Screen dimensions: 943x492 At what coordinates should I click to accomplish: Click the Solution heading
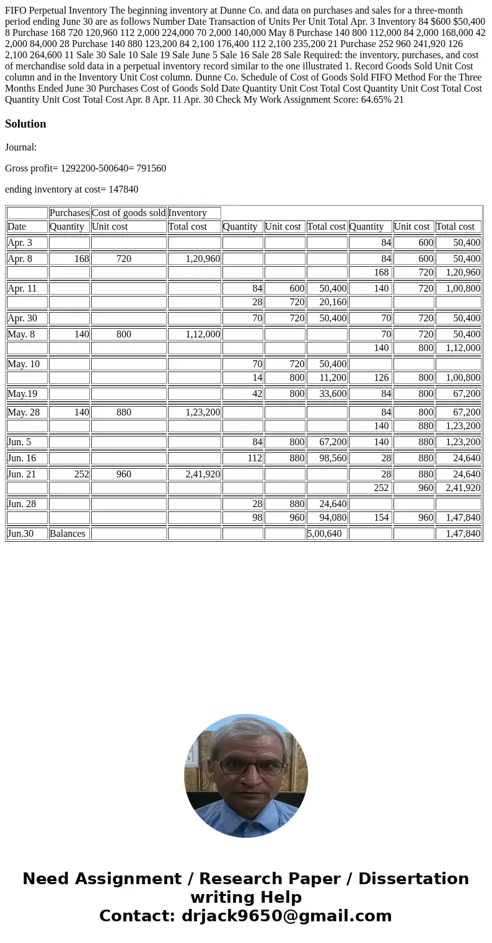click(x=25, y=124)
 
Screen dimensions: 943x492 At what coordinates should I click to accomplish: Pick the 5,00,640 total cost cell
click(x=324, y=533)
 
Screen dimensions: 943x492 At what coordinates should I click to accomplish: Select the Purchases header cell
click(x=69, y=213)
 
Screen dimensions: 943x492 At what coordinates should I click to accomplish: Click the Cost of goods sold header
click(x=128, y=213)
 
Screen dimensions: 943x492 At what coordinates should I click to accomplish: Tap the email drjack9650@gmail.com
click(x=286, y=916)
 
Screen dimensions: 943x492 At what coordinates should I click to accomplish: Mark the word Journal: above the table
click(x=20, y=147)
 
